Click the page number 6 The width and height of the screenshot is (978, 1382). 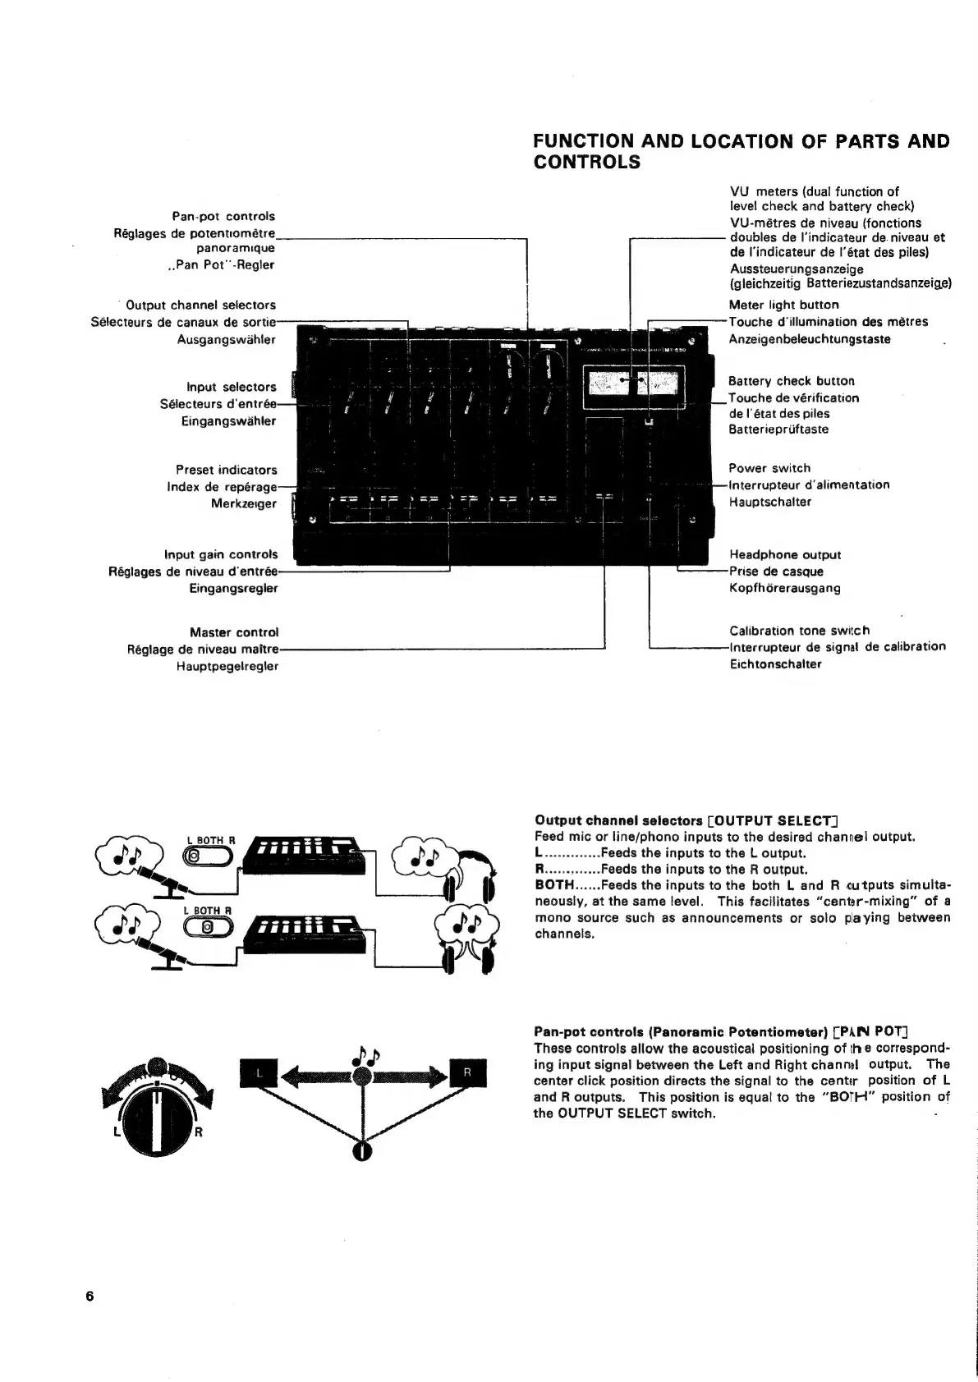click(90, 1296)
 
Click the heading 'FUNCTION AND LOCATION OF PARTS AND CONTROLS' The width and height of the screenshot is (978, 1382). click(741, 151)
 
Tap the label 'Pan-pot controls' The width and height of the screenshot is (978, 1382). click(223, 217)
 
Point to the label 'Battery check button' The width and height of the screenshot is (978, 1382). click(791, 381)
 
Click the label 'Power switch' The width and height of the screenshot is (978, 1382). click(769, 468)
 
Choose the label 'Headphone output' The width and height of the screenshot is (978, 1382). click(784, 555)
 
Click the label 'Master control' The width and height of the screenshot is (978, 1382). click(234, 632)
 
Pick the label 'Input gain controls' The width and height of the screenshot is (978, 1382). click(221, 554)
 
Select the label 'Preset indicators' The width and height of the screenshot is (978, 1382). click(227, 470)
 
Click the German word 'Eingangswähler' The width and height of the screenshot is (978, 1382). click(228, 421)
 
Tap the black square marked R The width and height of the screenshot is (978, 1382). click(468, 1072)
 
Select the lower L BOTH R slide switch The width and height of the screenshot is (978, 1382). click(209, 926)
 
